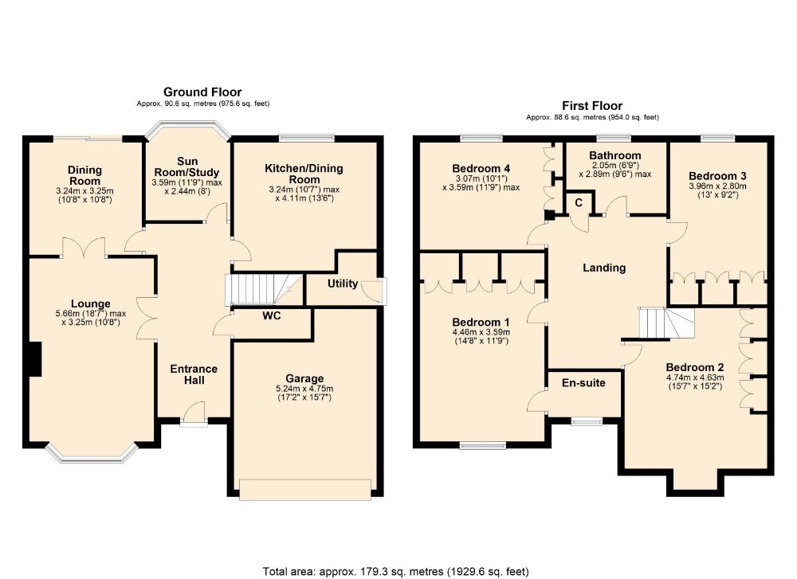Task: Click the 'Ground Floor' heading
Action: pos(202,92)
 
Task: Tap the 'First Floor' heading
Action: pos(591,105)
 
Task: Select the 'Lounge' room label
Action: pos(90,303)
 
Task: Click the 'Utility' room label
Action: pos(343,284)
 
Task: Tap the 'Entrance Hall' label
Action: pos(194,374)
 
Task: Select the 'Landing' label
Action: pos(604,268)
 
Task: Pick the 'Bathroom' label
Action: pos(614,155)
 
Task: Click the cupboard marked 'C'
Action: pos(579,203)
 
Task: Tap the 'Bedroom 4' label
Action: pos(481,168)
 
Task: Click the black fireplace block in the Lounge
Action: pos(33,358)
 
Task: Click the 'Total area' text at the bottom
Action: pos(395,571)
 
